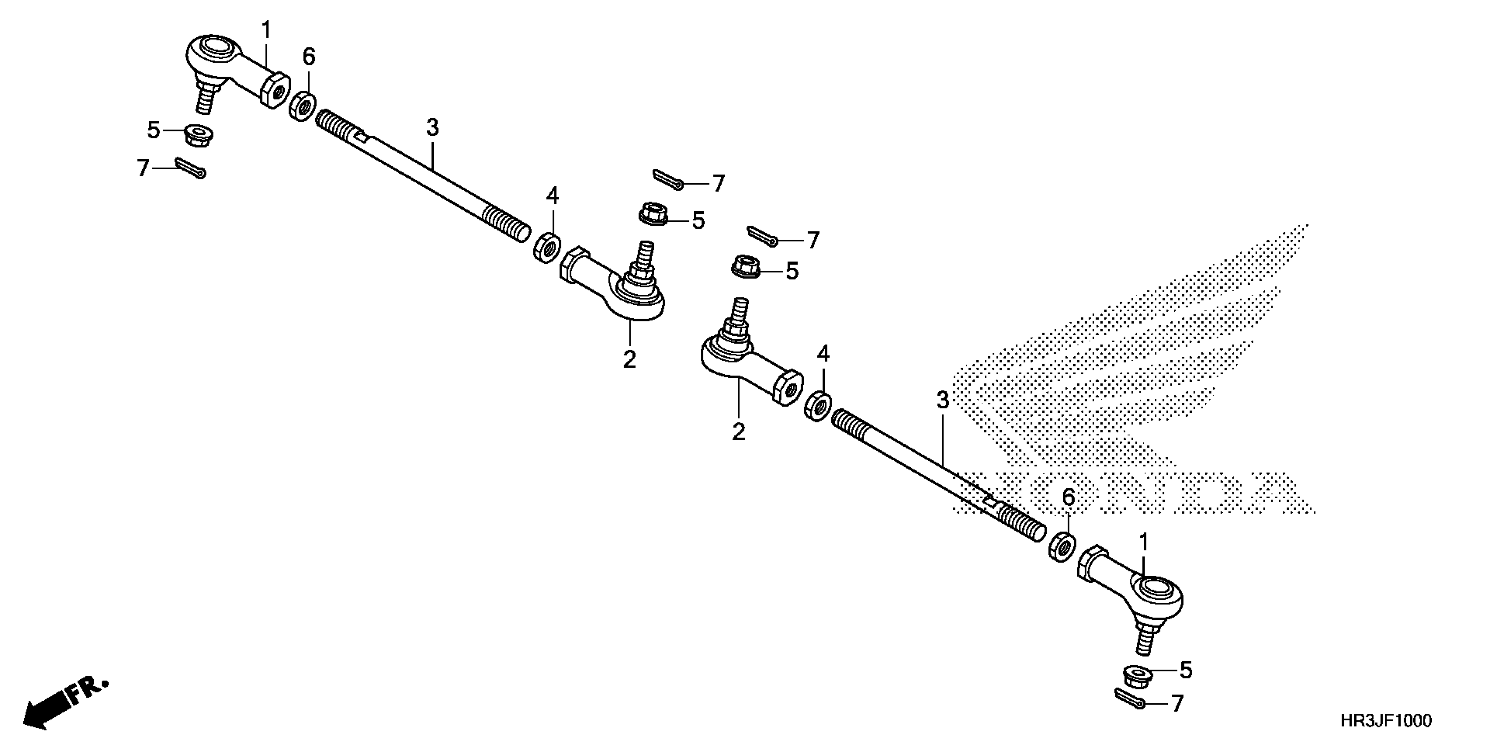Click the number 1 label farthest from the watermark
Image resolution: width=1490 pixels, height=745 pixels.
pos(266,30)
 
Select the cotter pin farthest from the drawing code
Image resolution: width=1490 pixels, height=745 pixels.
pos(191,168)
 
